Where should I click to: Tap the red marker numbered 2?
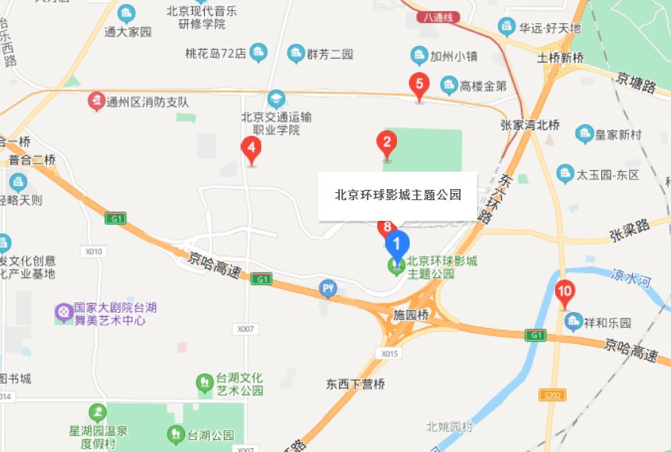[386, 144]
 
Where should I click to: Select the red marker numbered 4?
[252, 148]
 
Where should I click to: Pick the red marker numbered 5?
[418, 84]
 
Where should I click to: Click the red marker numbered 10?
[565, 292]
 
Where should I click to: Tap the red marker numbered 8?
[387, 227]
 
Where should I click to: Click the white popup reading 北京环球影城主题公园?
[398, 195]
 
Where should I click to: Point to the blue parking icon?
[328, 288]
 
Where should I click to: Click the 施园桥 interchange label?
[411, 315]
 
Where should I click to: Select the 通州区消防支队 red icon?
[96, 101]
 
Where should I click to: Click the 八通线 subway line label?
[439, 16]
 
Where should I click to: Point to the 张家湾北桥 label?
[530, 125]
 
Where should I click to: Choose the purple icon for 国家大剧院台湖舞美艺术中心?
[63, 313]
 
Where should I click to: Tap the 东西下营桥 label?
[355, 384]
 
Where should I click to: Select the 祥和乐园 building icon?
[573, 323]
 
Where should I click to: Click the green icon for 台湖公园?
[175, 435]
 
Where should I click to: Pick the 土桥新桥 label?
[561, 58]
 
